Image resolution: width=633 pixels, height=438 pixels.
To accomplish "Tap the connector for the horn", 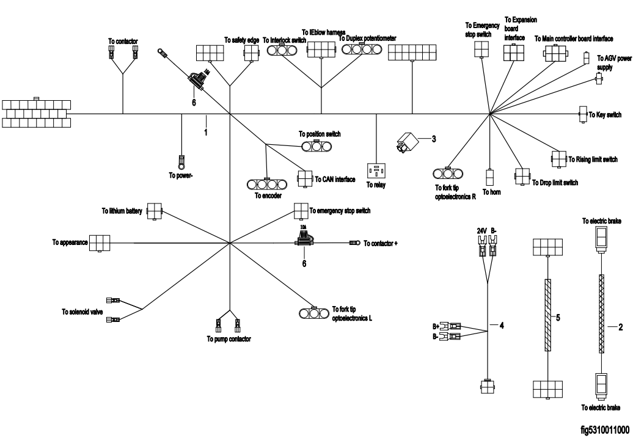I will pos(489,178).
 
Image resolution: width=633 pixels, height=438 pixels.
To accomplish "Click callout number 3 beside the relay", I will pos(433,139).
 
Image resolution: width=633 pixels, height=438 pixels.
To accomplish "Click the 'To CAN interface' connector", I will pos(304,178).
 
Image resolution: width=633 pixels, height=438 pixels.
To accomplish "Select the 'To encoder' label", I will pos(266,196).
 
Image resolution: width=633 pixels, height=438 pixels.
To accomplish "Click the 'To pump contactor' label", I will pos(229,338).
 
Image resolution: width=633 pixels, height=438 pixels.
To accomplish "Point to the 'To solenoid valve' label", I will pos(82,312).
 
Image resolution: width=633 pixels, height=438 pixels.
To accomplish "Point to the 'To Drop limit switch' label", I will pos(555,182).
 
